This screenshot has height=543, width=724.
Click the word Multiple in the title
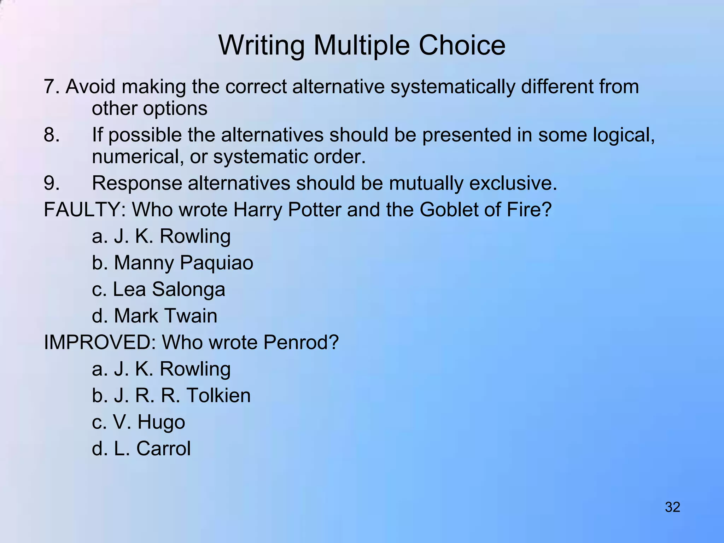pyautogui.click(x=361, y=46)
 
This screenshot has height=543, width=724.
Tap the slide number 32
pyautogui.click(x=672, y=507)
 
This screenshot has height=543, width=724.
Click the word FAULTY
pyautogui.click(x=81, y=210)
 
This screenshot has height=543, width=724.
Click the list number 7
pyautogui.click(x=51, y=87)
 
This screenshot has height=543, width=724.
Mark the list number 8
pyautogui.click(x=51, y=135)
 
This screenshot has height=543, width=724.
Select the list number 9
pyautogui.click(x=51, y=183)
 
